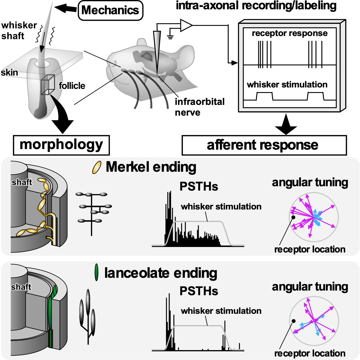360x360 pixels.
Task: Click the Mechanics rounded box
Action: (111, 10)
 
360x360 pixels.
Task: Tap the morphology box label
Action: (61, 145)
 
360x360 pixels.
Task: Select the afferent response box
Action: (264, 145)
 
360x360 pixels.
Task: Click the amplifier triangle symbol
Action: (186, 25)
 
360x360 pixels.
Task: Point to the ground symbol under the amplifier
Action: (170, 36)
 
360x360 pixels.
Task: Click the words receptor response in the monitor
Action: (289, 33)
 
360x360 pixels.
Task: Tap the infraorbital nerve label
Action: (199, 107)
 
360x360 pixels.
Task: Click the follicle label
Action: (72, 86)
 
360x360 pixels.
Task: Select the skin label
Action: (9, 72)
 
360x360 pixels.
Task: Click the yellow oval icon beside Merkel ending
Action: (97, 167)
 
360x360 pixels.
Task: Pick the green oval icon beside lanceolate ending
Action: (97, 273)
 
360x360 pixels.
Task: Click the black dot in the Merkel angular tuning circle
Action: (293, 217)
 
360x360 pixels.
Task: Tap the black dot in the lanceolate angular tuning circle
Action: (294, 321)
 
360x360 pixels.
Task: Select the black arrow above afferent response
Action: (286, 125)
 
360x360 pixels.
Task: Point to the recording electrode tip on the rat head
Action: (157, 74)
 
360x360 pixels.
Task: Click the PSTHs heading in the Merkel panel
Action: (199, 187)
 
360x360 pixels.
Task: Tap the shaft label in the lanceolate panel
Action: (21, 287)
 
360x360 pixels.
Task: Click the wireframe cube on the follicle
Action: (48, 85)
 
